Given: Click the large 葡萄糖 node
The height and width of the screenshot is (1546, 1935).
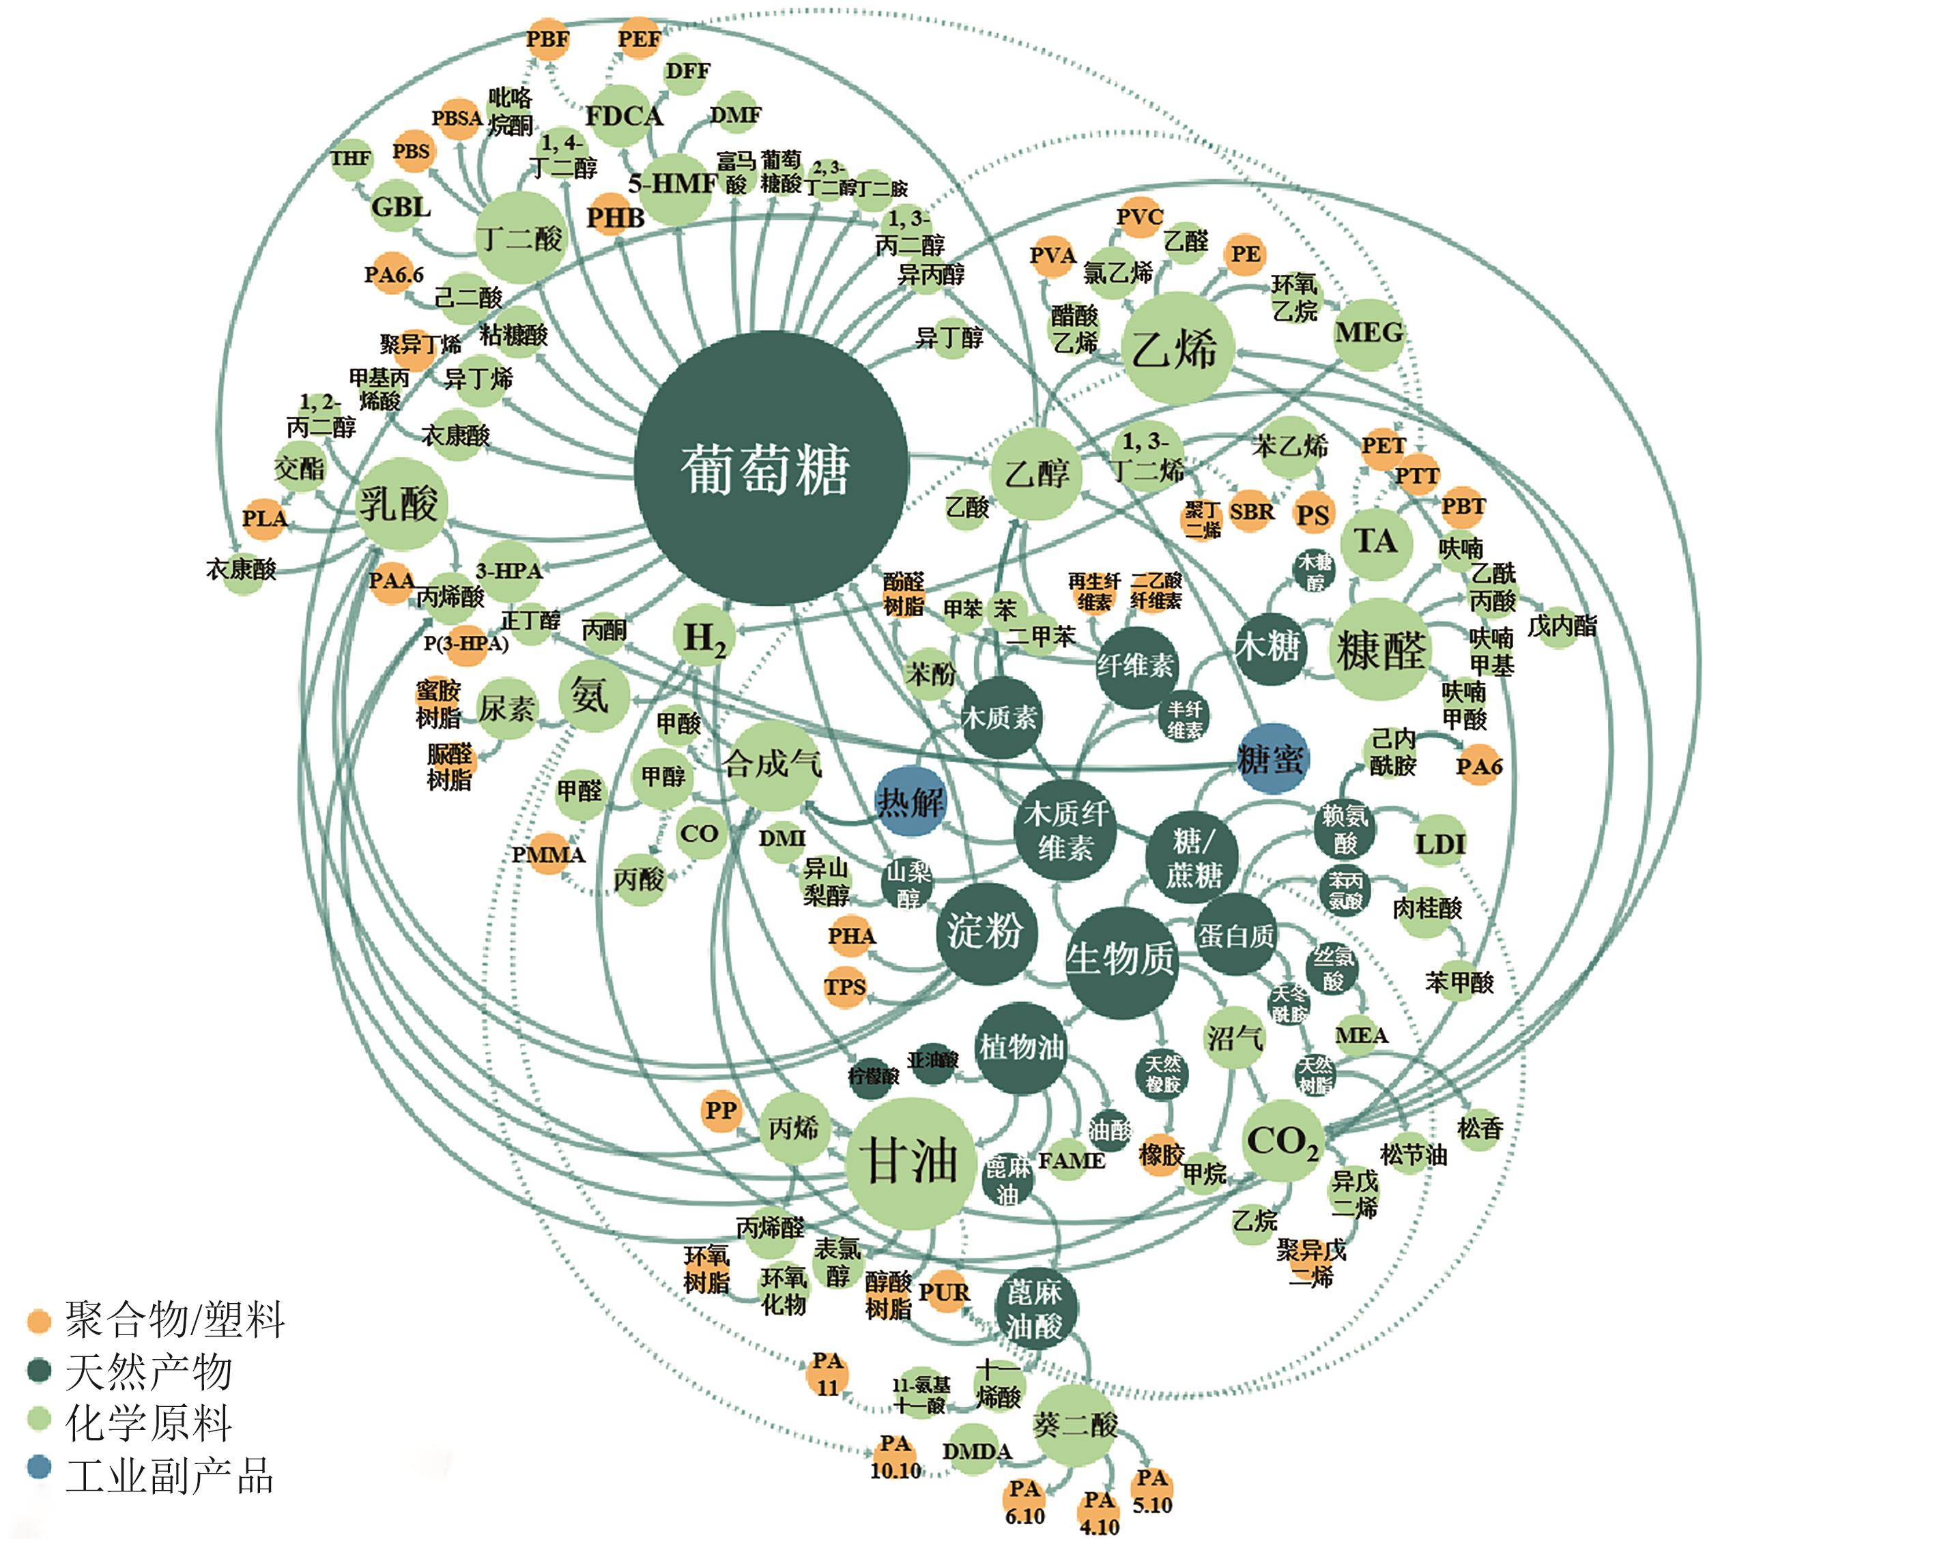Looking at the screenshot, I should tap(770, 469).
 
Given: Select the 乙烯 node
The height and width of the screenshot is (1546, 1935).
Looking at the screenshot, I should tap(1177, 348).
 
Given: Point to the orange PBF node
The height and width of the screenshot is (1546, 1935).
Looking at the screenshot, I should tap(547, 40).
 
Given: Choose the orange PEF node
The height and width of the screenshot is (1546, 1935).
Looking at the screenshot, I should tap(639, 40).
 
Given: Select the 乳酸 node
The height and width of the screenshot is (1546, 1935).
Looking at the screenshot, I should tap(399, 504).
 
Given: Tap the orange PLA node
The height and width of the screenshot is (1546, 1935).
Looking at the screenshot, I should tap(264, 519).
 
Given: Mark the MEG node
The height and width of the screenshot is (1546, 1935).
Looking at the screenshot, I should tap(1368, 333).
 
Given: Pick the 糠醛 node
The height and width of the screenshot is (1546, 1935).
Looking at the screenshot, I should tap(1379, 650).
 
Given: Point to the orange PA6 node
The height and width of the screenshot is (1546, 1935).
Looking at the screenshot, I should tap(1478, 767).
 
